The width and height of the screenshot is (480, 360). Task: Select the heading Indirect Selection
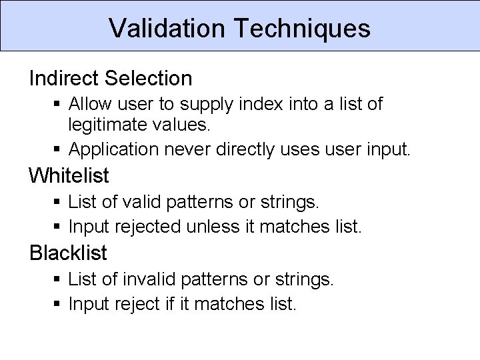[x=111, y=79]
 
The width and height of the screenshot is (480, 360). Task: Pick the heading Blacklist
[x=68, y=253]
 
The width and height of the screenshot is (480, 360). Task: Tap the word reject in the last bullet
[x=139, y=304]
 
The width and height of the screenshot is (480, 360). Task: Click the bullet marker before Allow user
[x=58, y=105]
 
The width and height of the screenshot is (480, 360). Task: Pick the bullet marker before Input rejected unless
[x=58, y=227]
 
